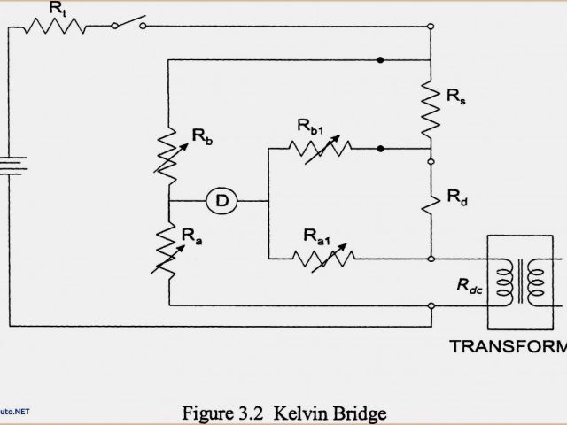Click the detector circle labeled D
pos(222,202)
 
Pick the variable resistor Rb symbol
pos(168,151)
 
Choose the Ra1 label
pos(317,236)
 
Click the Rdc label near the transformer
pos(470,284)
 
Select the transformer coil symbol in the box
pos(523,282)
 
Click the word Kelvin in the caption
pos(298,413)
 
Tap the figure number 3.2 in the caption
pos(251,413)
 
